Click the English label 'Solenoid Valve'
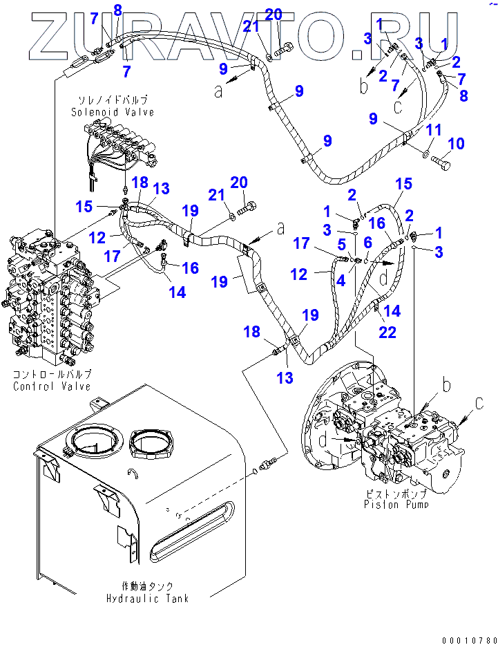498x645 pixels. point(112,112)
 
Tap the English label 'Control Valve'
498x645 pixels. point(52,386)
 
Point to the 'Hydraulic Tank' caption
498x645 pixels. point(147,598)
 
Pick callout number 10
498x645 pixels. point(457,144)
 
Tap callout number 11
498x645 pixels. point(433,129)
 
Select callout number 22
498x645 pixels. point(388,333)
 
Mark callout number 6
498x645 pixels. point(367,242)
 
